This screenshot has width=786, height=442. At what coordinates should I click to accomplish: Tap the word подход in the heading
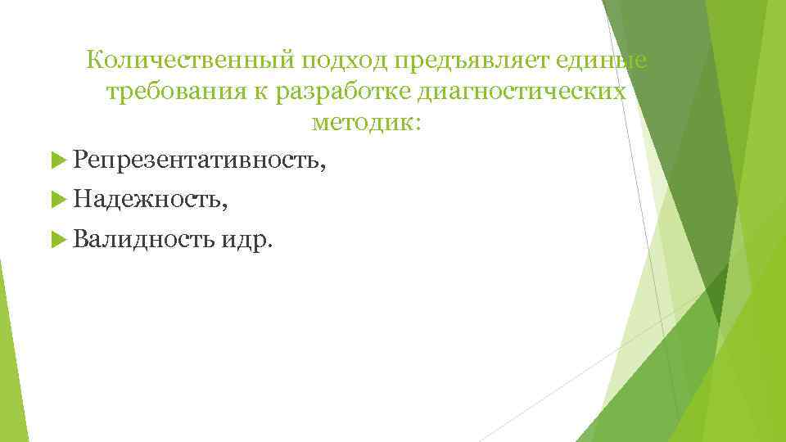344,61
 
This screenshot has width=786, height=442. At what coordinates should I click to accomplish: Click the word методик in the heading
361,124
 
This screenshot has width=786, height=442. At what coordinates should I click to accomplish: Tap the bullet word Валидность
142,240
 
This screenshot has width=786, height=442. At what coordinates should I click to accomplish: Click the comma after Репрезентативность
326,166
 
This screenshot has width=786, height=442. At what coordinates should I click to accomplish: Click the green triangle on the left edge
10,360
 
